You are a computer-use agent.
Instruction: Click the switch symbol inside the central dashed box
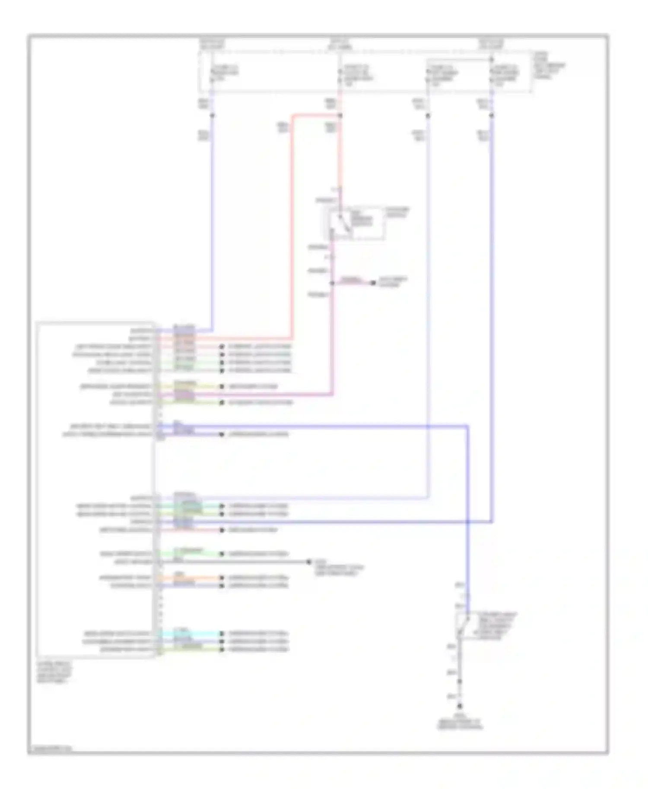[343, 224]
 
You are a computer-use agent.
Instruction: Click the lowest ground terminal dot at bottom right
[460, 707]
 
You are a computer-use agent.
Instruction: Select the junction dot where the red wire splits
[340, 115]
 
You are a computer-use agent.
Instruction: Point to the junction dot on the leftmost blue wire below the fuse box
[212, 115]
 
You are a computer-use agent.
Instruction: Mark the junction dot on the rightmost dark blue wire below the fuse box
[492, 115]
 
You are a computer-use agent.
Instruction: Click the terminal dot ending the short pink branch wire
[373, 283]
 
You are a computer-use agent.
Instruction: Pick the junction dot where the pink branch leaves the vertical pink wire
[332, 283]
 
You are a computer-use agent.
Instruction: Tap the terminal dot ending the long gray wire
[308, 562]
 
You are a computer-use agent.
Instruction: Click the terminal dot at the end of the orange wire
[222, 578]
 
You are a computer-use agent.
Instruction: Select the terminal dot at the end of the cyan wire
[222, 634]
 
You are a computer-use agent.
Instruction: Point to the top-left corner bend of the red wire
[293, 115]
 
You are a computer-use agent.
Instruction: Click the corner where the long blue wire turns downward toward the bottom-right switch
[467, 426]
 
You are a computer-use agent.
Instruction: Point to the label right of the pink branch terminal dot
[393, 282]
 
